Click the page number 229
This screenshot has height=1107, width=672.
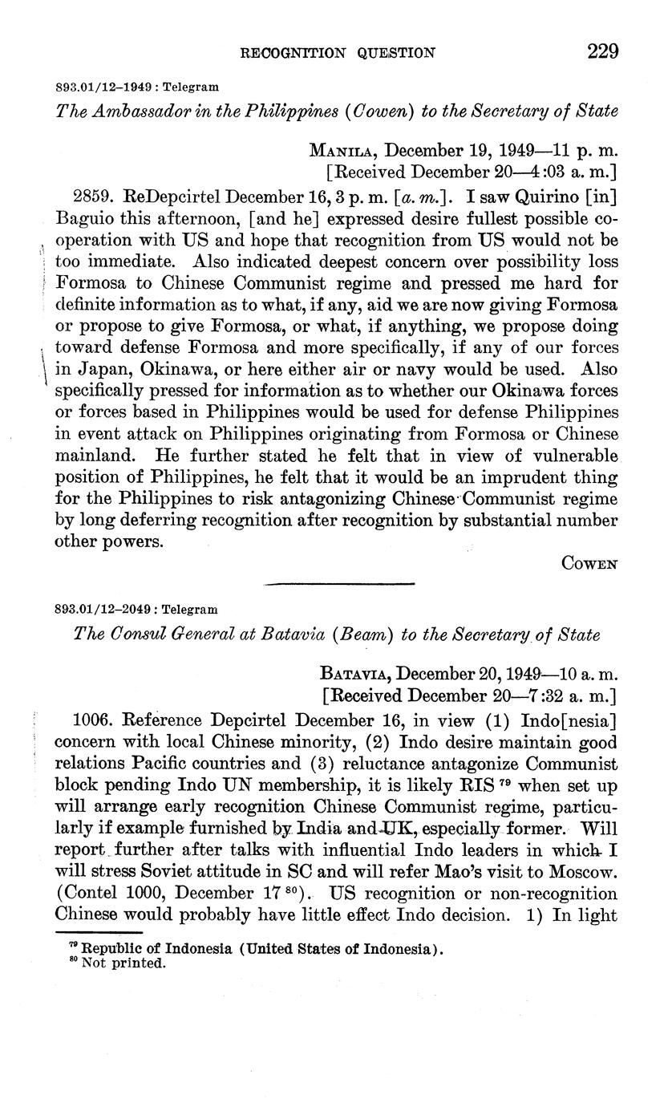[x=602, y=53]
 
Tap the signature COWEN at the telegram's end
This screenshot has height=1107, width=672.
[x=589, y=564]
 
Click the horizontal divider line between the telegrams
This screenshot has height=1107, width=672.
[x=338, y=584]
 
